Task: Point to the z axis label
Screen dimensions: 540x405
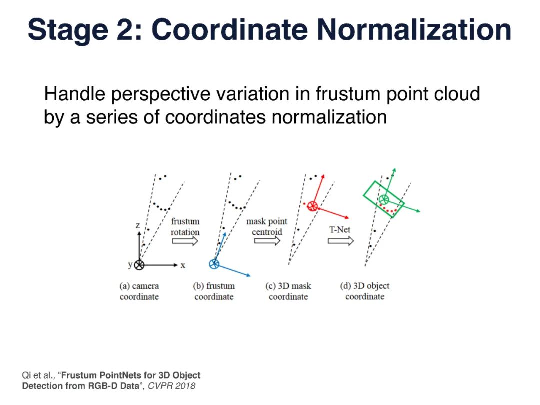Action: pos(138,225)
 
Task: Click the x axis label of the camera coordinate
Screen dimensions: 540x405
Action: pos(183,265)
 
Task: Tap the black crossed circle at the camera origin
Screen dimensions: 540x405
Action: pos(139,265)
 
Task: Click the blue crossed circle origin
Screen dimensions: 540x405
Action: pos(214,264)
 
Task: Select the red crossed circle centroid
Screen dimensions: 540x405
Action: pos(312,205)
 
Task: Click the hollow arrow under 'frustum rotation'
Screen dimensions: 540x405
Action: pos(185,241)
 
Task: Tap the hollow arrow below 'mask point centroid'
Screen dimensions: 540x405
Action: pos(267,241)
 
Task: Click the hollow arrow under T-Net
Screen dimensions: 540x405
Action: pos(341,241)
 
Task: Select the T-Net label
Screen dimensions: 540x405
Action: pos(340,230)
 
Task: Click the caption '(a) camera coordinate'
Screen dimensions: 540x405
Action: pos(139,291)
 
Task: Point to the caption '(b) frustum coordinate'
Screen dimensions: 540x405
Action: pos(214,291)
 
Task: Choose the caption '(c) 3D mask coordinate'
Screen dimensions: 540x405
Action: pos(288,291)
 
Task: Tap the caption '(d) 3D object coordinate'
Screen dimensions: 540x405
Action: pos(364,291)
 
